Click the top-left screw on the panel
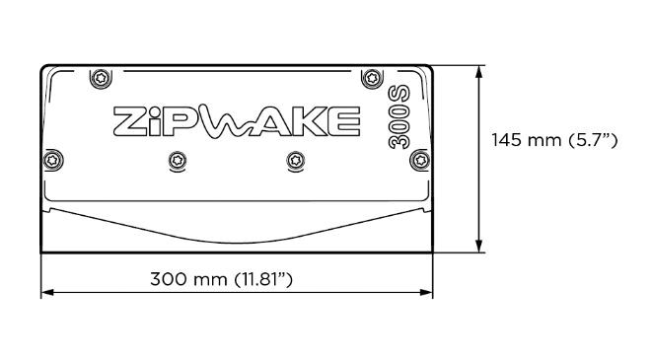click(101, 78)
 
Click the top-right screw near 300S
click(372, 78)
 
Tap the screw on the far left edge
click(53, 160)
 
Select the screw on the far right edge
click(420, 160)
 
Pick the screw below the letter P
click(178, 160)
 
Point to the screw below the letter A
click(296, 160)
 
